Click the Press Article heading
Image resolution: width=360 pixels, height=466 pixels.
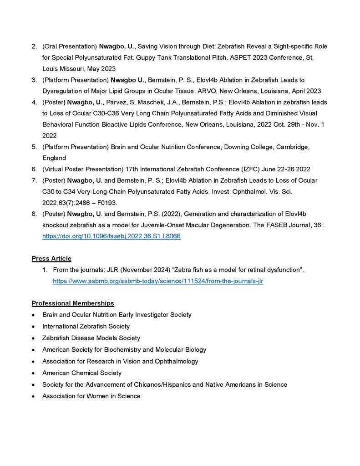point(51,259)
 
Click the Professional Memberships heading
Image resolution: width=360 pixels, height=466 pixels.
point(73,303)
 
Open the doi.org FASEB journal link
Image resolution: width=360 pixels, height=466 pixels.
point(111,236)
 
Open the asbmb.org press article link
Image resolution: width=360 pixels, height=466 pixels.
point(158,282)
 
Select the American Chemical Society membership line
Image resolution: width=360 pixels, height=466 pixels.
point(82,373)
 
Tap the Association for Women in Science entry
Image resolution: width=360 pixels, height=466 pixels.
point(91,396)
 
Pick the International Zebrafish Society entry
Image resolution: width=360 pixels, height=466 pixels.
point(86,327)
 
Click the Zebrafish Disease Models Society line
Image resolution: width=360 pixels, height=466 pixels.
point(91,338)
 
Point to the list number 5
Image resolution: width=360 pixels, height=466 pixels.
point(34,147)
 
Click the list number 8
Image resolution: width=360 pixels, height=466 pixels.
point(34,213)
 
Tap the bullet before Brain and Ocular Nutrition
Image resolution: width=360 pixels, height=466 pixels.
point(34,315)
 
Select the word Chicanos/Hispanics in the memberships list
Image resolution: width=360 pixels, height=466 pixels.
point(160,384)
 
